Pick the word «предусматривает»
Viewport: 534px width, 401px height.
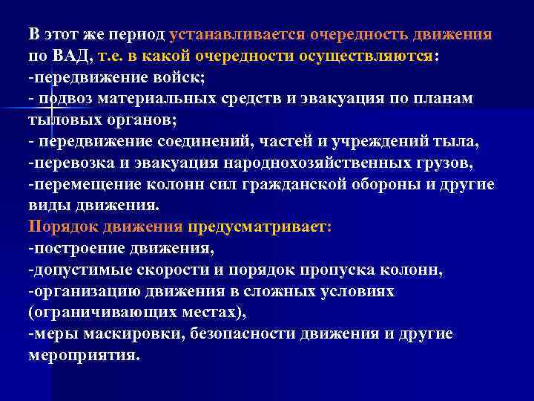[270, 226]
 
